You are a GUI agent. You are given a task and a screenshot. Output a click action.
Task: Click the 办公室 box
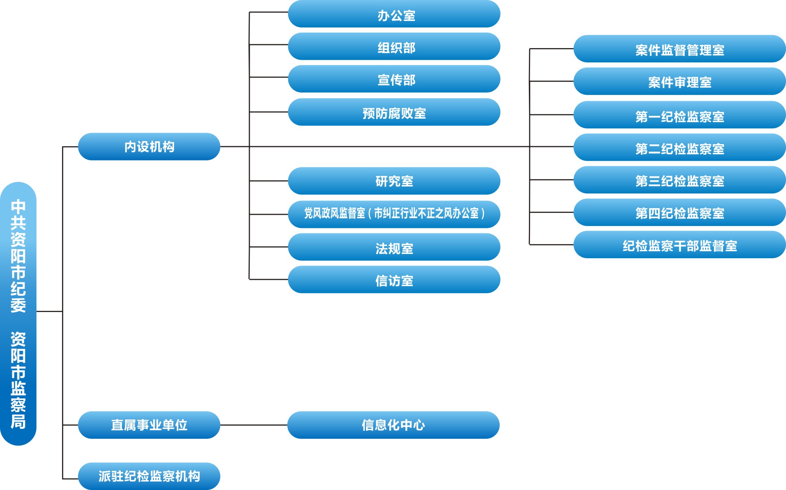[394, 14]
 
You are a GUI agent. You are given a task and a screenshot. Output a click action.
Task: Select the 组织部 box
[394, 47]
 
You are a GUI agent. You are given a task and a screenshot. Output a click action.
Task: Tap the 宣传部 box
[394, 79]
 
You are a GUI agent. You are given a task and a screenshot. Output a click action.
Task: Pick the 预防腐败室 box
[394, 112]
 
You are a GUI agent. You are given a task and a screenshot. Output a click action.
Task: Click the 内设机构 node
[149, 147]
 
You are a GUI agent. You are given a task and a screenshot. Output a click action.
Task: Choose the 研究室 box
[394, 181]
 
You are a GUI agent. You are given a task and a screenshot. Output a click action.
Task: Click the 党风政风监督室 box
[394, 214]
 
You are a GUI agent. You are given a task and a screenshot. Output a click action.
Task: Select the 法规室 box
[394, 247]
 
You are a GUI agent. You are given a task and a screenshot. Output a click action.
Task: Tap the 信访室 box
[394, 280]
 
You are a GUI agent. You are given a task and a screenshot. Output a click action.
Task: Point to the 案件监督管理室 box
[679, 49]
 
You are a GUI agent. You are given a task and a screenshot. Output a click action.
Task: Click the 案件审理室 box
[679, 82]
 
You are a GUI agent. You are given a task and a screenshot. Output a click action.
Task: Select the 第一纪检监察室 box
[679, 115]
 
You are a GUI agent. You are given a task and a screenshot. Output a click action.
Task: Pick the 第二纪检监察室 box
[679, 148]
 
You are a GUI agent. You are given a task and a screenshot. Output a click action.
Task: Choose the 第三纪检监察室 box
[679, 180]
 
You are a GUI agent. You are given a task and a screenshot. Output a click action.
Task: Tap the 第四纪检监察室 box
[679, 213]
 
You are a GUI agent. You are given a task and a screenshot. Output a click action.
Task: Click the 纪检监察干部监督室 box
[679, 245]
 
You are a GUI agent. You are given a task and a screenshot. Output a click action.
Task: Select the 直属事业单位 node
[149, 425]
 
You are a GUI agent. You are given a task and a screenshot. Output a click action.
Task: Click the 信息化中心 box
[393, 425]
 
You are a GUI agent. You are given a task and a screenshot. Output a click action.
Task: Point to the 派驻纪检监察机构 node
[149, 476]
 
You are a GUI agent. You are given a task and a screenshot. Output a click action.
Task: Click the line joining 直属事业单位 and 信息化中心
[254, 425]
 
